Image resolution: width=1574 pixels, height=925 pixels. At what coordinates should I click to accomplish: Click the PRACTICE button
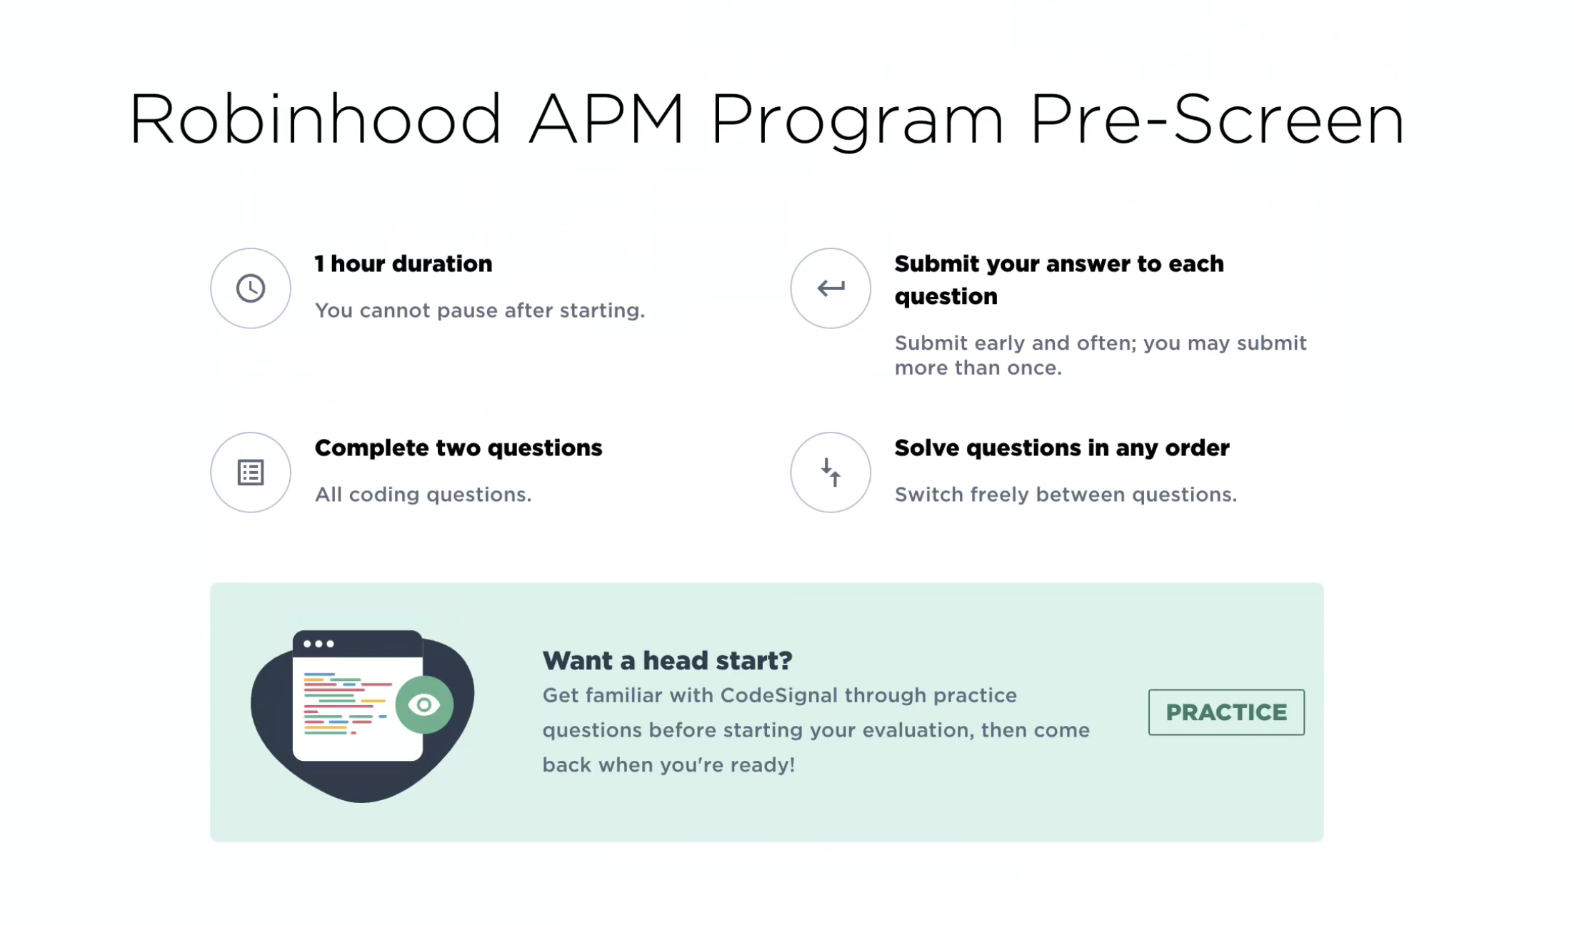click(1225, 712)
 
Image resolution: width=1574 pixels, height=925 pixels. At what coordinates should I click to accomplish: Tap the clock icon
click(251, 288)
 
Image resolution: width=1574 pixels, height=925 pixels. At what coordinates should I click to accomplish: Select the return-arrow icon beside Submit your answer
click(830, 288)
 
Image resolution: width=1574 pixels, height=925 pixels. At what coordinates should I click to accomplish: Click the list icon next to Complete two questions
click(251, 472)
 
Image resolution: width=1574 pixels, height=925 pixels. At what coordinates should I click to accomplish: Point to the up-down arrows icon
click(830, 472)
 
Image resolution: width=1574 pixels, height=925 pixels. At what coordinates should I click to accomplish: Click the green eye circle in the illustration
click(424, 705)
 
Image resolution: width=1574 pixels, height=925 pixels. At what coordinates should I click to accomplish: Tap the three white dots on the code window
click(319, 644)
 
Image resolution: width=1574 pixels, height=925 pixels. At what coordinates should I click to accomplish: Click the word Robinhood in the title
click(315, 120)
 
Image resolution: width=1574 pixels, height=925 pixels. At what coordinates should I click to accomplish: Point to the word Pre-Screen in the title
click(1217, 120)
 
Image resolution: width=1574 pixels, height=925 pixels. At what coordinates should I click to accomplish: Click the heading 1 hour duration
click(403, 264)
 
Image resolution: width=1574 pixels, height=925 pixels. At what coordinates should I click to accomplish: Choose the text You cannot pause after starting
click(479, 310)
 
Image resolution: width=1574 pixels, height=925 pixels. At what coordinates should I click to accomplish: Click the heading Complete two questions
click(458, 448)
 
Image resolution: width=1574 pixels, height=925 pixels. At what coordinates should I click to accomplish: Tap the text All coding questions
click(423, 495)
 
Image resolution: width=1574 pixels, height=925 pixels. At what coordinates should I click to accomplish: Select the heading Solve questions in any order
click(1061, 448)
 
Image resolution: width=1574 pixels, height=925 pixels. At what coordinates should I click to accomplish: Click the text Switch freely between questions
click(1066, 495)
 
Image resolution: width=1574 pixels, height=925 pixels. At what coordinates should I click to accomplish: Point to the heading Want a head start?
click(667, 661)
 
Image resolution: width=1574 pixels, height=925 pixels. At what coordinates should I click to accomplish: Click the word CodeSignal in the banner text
click(778, 695)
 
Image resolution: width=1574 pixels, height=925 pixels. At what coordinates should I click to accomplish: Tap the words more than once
click(978, 368)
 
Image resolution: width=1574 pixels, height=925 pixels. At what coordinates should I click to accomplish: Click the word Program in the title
click(857, 120)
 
